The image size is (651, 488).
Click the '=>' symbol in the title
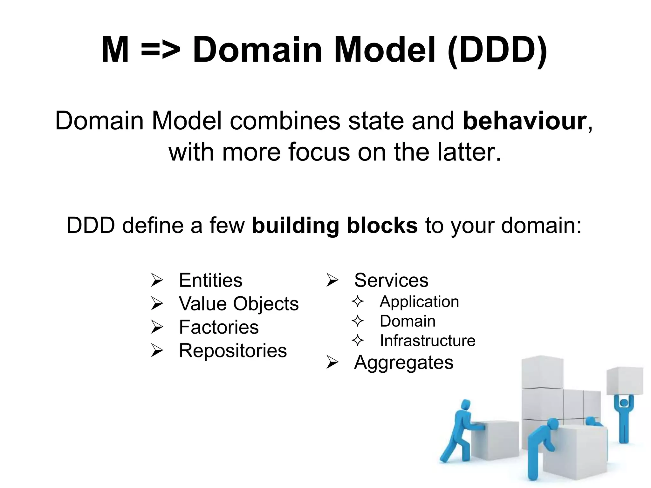(161, 50)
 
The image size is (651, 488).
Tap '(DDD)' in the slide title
(497, 50)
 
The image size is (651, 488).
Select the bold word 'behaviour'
(524, 121)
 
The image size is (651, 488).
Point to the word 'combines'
(285, 121)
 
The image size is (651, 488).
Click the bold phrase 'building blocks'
(334, 225)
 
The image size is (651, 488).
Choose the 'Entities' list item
(210, 280)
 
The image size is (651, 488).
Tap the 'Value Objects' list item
(239, 304)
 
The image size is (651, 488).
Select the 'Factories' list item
(219, 327)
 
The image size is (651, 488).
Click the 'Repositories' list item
(233, 351)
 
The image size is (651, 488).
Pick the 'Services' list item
(391, 280)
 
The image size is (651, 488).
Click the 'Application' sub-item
(419, 302)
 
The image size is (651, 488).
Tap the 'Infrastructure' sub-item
(427, 341)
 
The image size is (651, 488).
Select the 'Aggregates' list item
(403, 362)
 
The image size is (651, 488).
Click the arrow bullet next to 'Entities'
(157, 281)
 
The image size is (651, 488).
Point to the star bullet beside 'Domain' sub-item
(358, 321)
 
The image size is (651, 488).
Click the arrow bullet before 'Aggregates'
(332, 363)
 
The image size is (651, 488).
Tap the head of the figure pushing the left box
(466, 405)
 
